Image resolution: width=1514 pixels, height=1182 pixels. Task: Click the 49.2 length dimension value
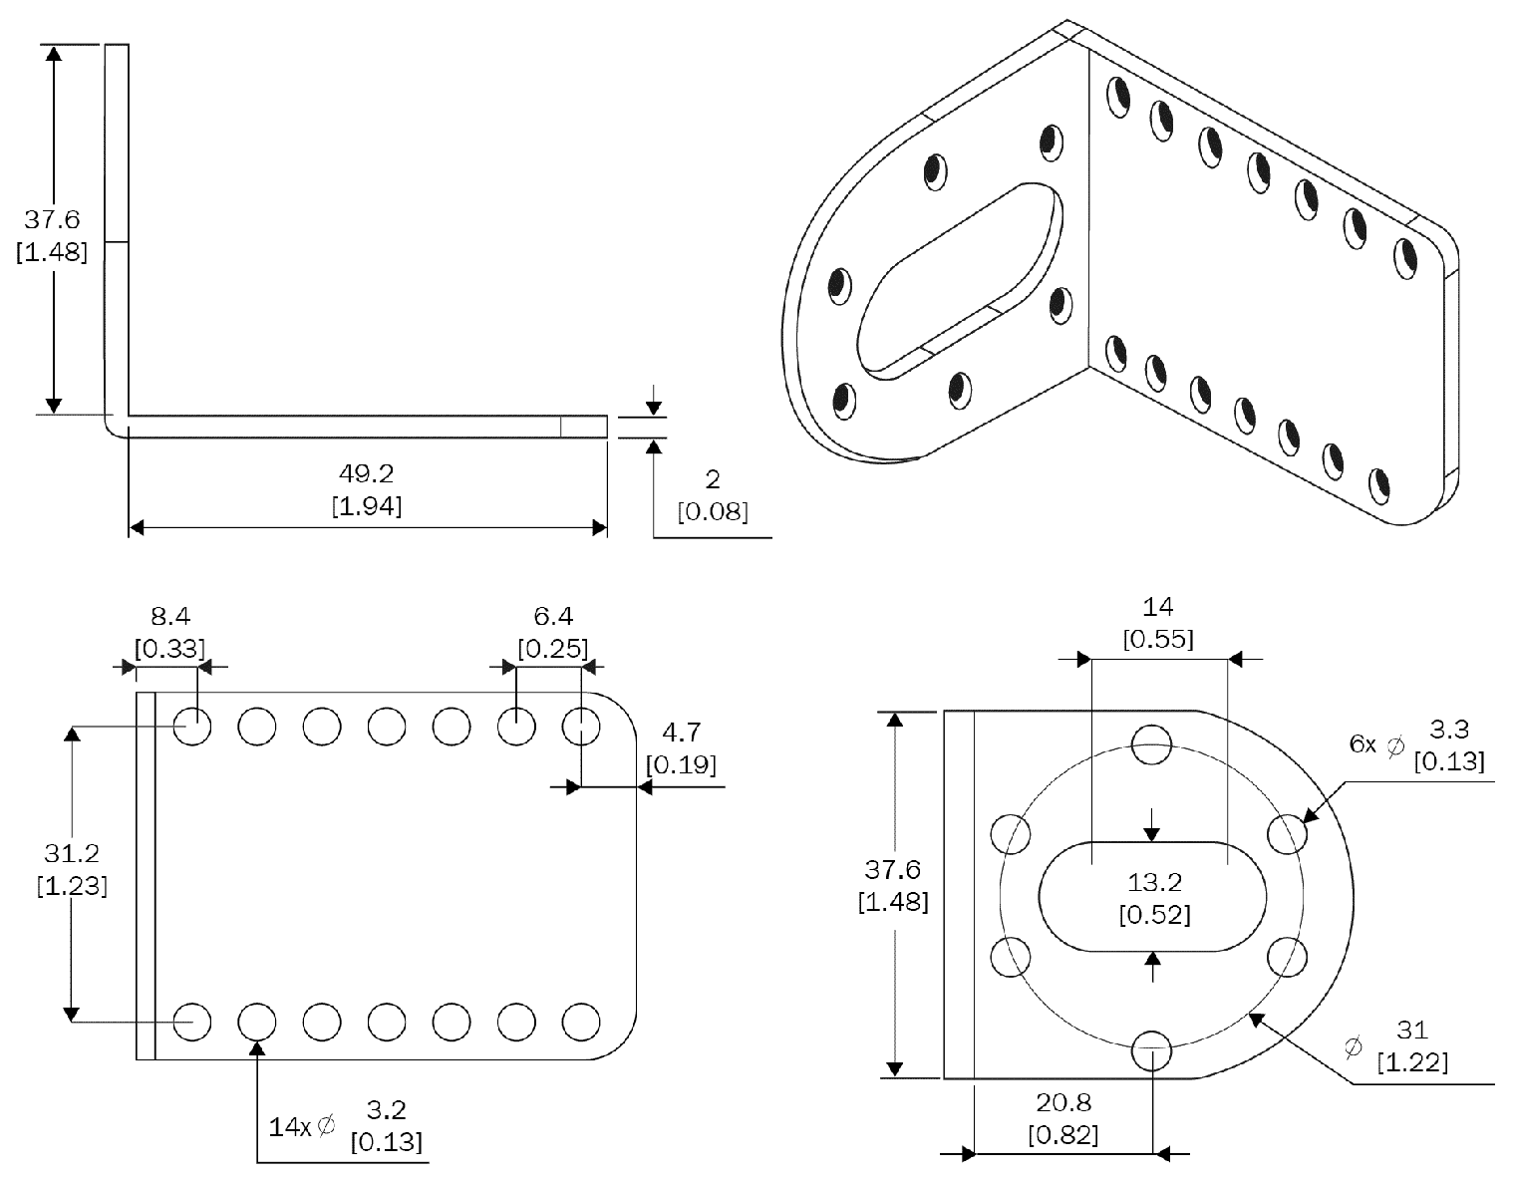[x=367, y=473]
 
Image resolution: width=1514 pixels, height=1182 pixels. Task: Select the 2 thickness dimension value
[x=712, y=479]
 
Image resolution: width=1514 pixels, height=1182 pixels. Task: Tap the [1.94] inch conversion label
[x=367, y=506]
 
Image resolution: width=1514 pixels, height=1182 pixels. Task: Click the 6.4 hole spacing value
[x=553, y=616]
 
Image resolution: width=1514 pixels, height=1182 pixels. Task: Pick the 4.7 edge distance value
[x=681, y=734]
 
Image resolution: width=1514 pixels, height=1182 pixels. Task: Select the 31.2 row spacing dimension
[x=72, y=853]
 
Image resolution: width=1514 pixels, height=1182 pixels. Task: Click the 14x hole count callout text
[x=291, y=1127]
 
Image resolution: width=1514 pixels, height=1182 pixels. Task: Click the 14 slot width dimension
[x=1158, y=606]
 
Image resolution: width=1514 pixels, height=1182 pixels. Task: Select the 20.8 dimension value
[x=1063, y=1102]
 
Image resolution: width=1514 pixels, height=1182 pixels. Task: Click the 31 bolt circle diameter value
[x=1412, y=1030]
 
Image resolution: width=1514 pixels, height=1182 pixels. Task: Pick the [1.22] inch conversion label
[x=1412, y=1062]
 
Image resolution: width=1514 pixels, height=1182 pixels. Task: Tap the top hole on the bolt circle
[x=1153, y=743]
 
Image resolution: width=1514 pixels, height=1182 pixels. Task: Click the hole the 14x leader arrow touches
[x=257, y=1022]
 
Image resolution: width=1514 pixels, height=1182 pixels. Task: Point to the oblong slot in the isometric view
[x=959, y=279]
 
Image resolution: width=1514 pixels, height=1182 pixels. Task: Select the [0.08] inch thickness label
[x=713, y=512]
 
